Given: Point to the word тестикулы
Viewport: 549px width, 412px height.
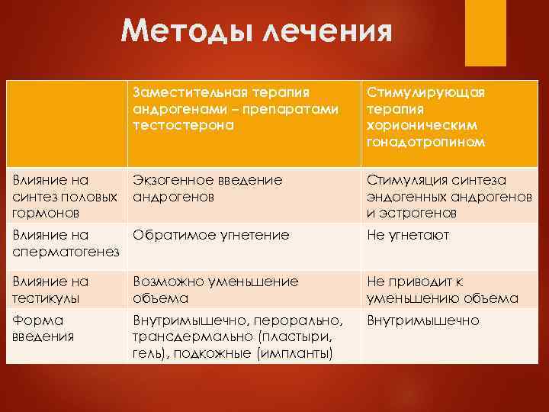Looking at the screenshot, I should click(x=46, y=297).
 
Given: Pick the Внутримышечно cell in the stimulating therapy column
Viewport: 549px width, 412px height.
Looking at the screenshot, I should click(x=423, y=320).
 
